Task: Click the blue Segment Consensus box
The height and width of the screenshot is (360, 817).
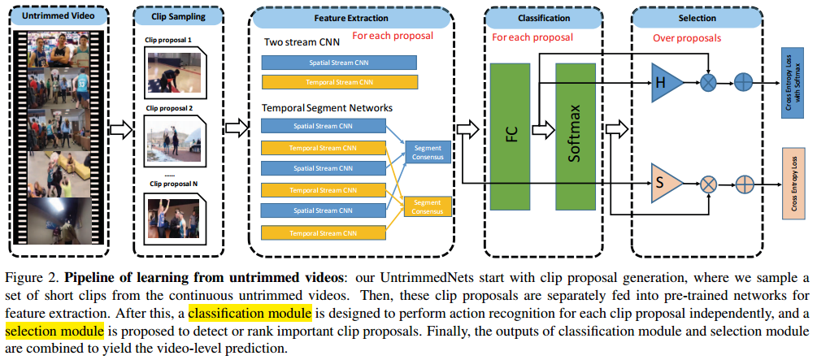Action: pos(428,152)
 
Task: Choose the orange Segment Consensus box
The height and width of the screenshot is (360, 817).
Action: pos(428,206)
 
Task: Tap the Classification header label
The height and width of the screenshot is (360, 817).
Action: pos(543,16)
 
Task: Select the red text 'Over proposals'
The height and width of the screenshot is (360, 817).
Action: pos(687,37)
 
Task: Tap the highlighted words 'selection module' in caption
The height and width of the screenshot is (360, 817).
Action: pos(54,330)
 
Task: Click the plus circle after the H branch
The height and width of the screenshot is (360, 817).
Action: pos(743,81)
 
